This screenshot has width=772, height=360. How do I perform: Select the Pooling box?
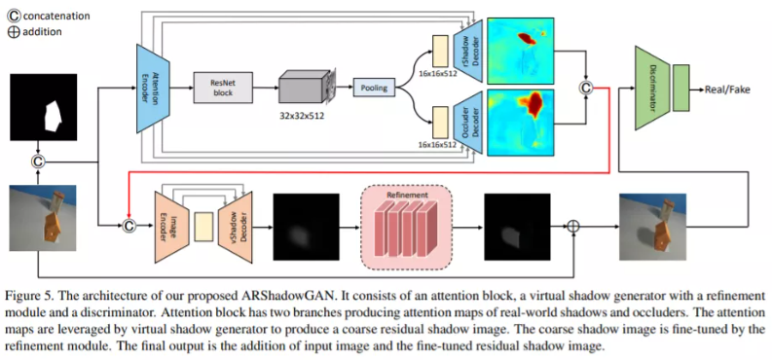click(x=375, y=88)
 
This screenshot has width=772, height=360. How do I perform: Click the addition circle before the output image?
click(x=573, y=226)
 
